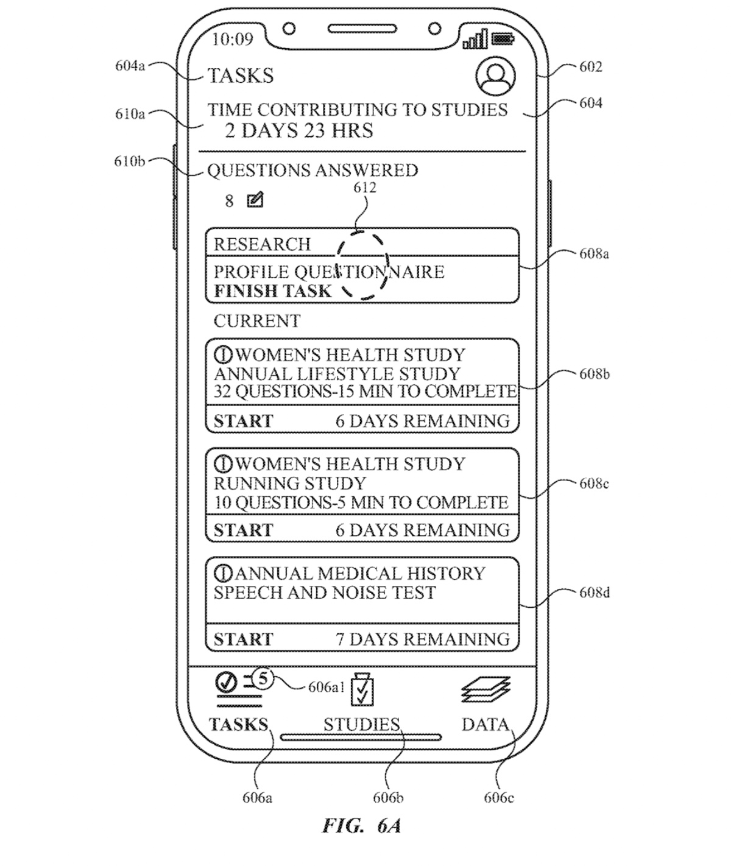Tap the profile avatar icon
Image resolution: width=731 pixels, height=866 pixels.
(495, 77)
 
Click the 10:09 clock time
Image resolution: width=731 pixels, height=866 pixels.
(232, 40)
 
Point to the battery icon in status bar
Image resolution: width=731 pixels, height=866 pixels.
(503, 39)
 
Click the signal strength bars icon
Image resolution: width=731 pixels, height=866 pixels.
(475, 40)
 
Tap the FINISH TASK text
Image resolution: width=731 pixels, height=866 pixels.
(272, 291)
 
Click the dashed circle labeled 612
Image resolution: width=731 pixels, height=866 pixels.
(362, 266)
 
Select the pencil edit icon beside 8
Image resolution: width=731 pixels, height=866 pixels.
(255, 200)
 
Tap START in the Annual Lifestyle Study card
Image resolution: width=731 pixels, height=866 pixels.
(243, 421)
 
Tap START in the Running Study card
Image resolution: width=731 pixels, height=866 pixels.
(243, 530)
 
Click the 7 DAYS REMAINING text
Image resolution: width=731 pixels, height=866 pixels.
(423, 639)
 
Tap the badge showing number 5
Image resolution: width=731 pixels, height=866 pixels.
(263, 678)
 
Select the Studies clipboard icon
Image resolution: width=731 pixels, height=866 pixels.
(362, 689)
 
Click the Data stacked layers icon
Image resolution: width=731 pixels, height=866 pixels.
(486, 689)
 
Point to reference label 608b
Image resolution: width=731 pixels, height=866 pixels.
(594, 374)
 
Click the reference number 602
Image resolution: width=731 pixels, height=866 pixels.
(590, 66)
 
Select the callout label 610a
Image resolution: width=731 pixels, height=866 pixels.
(130, 114)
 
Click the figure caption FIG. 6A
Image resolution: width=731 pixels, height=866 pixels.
(361, 826)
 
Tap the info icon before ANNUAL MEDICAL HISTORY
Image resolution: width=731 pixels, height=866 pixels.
(224, 573)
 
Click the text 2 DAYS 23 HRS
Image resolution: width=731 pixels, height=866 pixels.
(298, 130)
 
